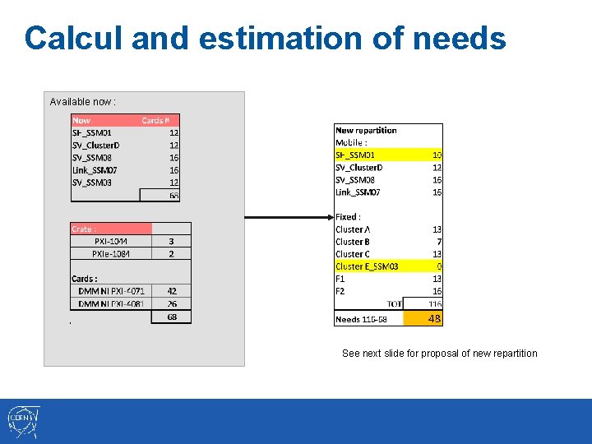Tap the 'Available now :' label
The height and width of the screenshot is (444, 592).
82,102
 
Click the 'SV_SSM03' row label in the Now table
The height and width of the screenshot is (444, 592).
92,182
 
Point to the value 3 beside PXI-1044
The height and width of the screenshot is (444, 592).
171,242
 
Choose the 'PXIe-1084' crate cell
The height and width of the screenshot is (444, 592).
111,254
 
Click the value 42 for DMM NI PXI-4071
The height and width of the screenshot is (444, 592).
171,291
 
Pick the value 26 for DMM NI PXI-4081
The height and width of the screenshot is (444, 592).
171,303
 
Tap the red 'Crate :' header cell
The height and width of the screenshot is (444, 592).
111,229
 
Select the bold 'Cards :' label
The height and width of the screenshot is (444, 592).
85,279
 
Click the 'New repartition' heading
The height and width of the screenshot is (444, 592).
366,130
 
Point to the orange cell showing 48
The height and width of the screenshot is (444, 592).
434,319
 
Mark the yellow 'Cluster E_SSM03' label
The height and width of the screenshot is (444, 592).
367,266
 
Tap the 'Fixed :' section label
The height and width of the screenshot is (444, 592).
348,217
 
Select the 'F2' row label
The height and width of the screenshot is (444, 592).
340,291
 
